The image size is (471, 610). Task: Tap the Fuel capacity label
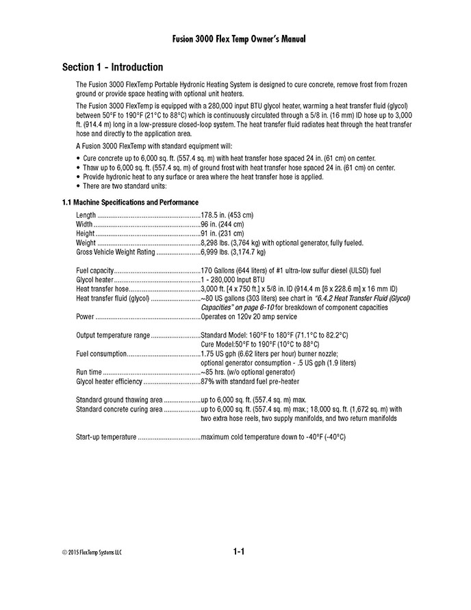click(x=94, y=270)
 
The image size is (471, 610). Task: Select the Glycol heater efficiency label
click(x=110, y=381)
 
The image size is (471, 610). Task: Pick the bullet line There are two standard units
click(x=126, y=186)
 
